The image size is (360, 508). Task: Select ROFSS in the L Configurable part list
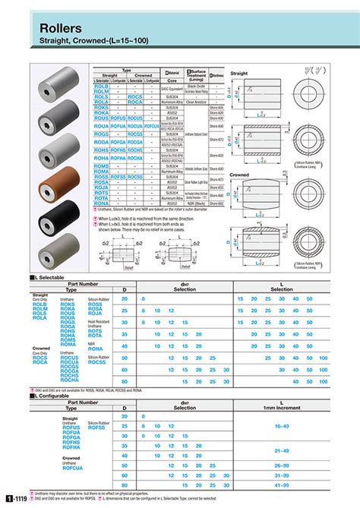click(x=96, y=428)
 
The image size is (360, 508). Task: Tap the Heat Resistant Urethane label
click(x=99, y=323)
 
